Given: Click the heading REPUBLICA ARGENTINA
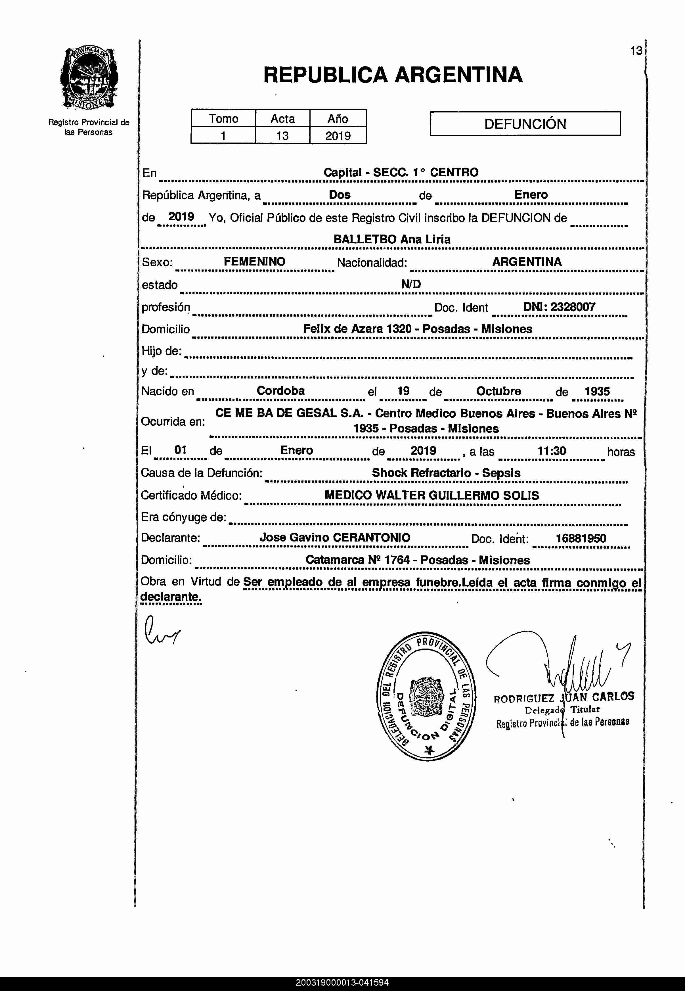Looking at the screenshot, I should pos(393,75).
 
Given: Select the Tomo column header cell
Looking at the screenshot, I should pos(223,118).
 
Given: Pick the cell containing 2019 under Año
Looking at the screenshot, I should pos(338,136).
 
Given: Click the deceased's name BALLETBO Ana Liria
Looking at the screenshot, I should pos(392,239).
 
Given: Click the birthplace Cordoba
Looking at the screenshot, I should pos(281,390).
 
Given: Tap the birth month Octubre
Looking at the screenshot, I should pos(498,391).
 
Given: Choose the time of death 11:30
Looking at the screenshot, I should pos(552,451).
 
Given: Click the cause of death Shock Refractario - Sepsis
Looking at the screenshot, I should pos(446,473).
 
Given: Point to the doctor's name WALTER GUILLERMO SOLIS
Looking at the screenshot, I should pos(457,495).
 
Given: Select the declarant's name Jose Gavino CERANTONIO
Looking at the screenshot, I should pos(335,537).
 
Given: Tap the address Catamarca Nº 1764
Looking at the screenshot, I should pos(357,560).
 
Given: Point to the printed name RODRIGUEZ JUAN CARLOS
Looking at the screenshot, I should pos(563,697).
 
